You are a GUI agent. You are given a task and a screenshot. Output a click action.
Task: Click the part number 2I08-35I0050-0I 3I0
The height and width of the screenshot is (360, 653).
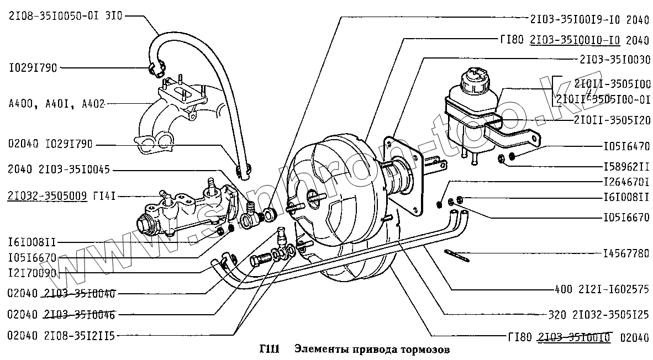point(65,16)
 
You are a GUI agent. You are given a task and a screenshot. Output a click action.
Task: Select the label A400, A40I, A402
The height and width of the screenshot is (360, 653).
point(56,103)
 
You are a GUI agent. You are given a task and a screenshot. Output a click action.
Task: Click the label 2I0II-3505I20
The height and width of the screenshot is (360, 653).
point(612,120)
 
